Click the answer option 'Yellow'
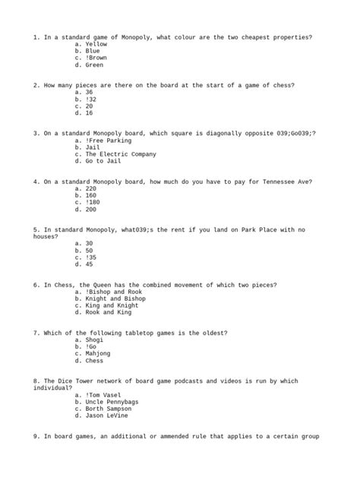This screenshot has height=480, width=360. point(96,45)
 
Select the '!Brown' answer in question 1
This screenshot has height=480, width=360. point(96,57)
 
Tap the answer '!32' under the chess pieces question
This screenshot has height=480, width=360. point(91,99)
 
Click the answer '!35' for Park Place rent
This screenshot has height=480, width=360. point(91,257)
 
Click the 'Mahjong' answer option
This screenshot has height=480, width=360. point(98,353)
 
